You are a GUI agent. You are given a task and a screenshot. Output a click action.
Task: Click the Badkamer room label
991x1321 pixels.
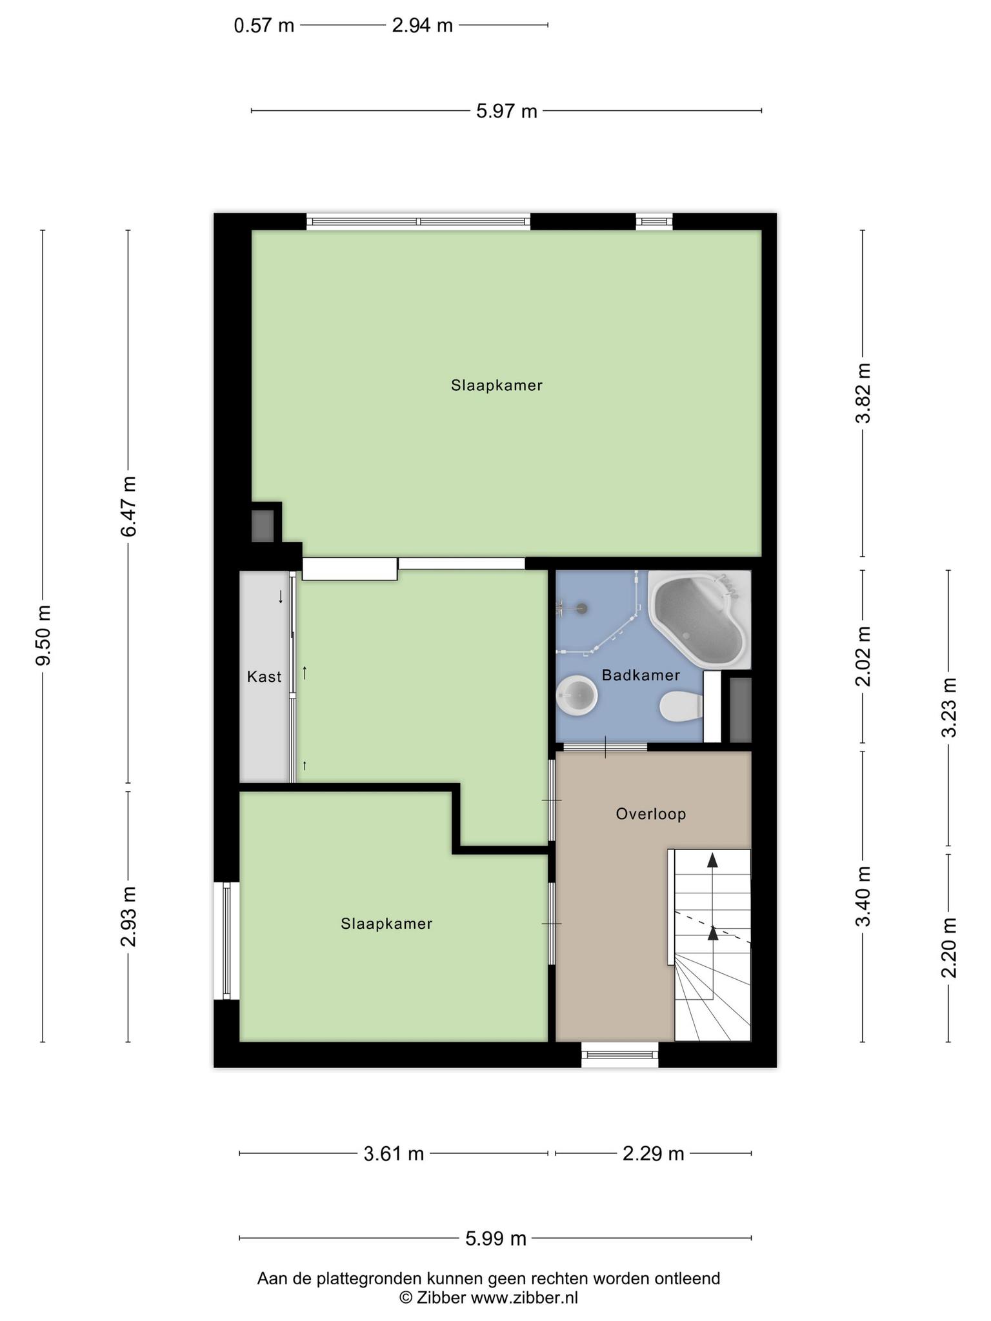coord(641,675)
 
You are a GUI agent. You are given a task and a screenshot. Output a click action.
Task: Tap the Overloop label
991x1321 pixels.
coord(650,814)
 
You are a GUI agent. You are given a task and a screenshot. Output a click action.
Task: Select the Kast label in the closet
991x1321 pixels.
coord(265,677)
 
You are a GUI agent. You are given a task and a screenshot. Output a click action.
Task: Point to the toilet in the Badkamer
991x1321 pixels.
coord(681,706)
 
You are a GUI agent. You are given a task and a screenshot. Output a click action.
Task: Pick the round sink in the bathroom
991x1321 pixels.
coord(577,695)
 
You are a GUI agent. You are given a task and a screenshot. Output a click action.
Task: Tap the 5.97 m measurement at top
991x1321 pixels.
coord(506,112)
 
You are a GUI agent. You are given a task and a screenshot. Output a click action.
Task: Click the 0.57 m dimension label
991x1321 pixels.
coord(264,26)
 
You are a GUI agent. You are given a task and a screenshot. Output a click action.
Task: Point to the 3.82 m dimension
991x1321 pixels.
coord(863,393)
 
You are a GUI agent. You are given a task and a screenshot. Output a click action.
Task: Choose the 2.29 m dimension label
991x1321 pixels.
coord(653,1153)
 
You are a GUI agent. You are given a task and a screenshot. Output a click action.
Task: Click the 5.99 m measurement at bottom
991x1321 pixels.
coord(495,1238)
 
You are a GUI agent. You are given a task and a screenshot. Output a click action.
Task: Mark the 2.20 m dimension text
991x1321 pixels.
coord(948,947)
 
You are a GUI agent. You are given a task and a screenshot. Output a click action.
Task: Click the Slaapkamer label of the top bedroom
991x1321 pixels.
coord(497,386)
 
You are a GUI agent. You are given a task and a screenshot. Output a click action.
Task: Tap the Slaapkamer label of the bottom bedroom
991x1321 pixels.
coord(386,924)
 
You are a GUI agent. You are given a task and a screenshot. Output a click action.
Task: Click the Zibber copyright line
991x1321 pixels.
coord(488,1298)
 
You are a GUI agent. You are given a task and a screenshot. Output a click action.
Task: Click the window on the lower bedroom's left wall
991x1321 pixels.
coord(226,941)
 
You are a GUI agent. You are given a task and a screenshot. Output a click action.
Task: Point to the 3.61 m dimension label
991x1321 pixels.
coord(394,1153)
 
